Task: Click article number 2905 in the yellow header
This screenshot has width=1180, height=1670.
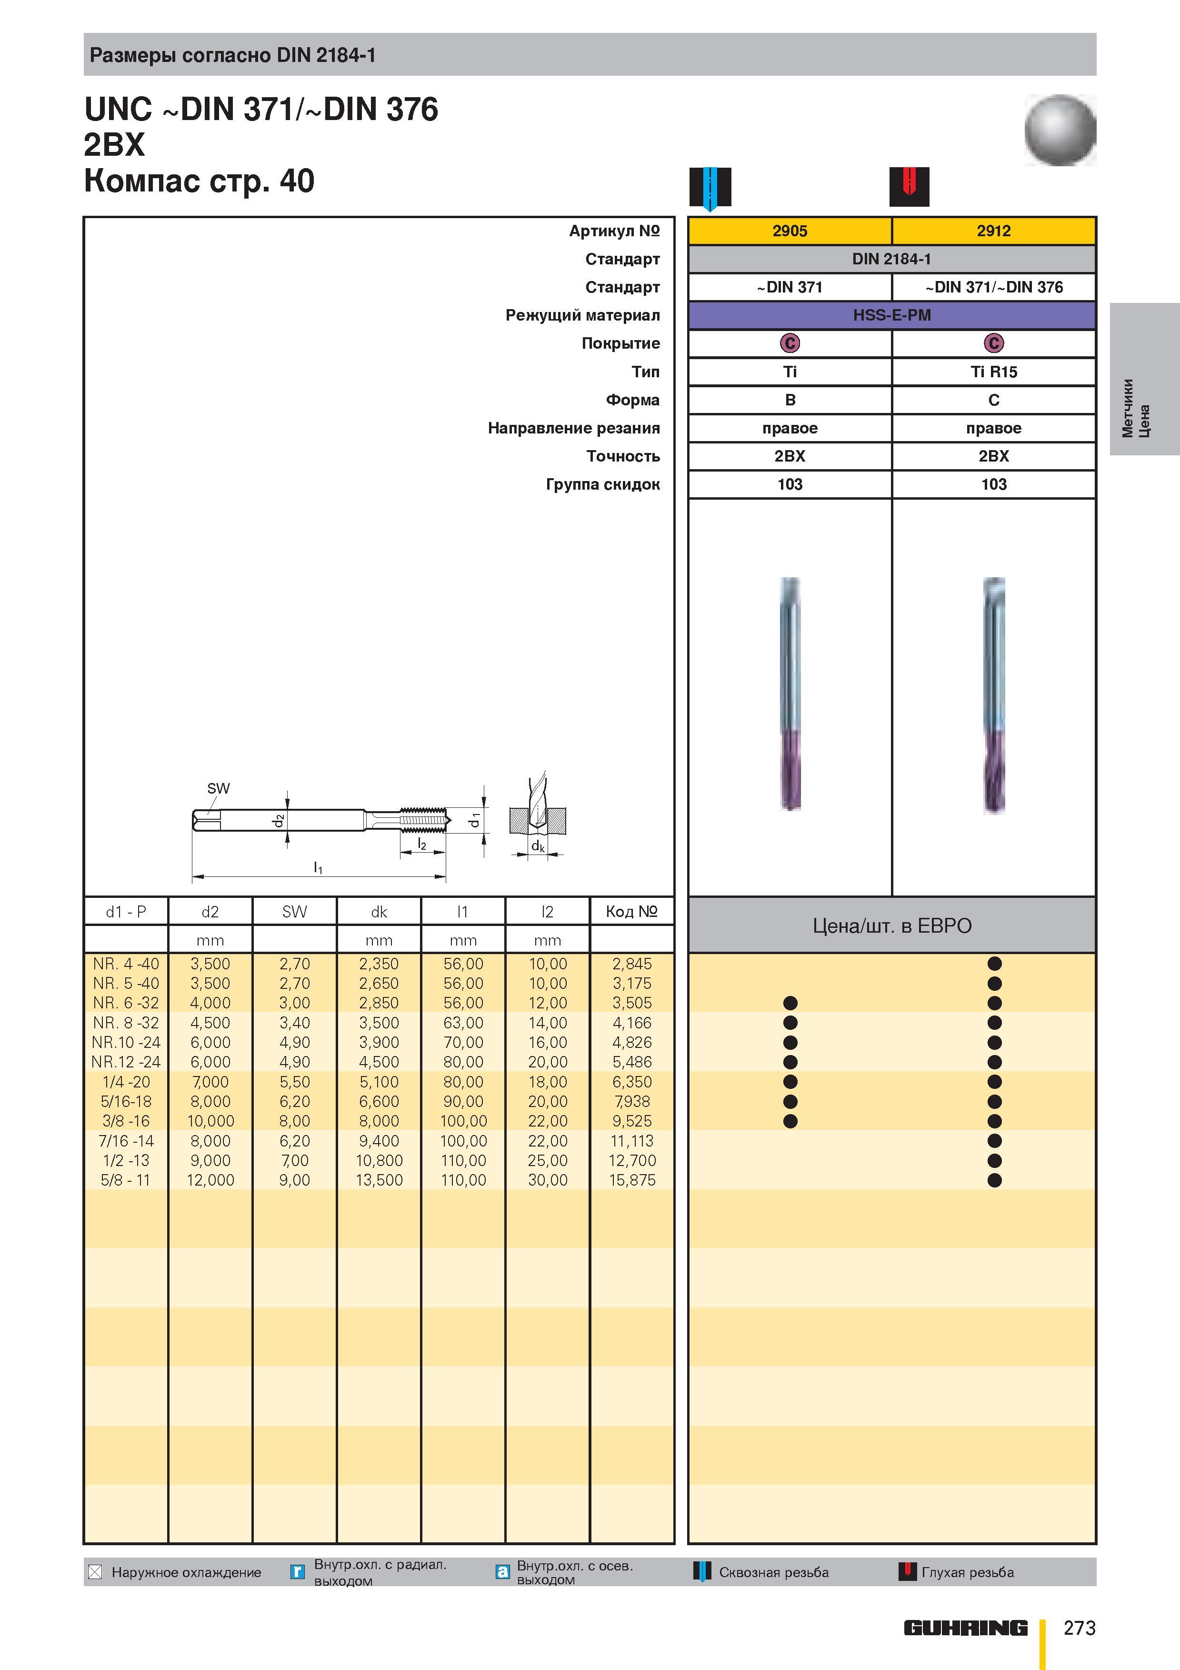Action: (x=790, y=231)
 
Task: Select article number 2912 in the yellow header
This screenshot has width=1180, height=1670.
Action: (x=994, y=231)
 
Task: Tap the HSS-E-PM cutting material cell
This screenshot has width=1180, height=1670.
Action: (x=891, y=315)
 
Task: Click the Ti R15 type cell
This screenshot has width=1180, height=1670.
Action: (x=994, y=372)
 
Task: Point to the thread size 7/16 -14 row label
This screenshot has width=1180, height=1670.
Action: (x=126, y=1140)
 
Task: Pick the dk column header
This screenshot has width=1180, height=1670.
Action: (x=379, y=911)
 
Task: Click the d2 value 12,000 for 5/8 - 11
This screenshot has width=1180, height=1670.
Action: (x=210, y=1180)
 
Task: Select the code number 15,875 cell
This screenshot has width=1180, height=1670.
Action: (x=632, y=1180)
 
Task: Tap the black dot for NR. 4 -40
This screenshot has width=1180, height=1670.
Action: (x=995, y=964)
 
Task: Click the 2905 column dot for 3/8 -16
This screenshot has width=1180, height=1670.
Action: (x=790, y=1121)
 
